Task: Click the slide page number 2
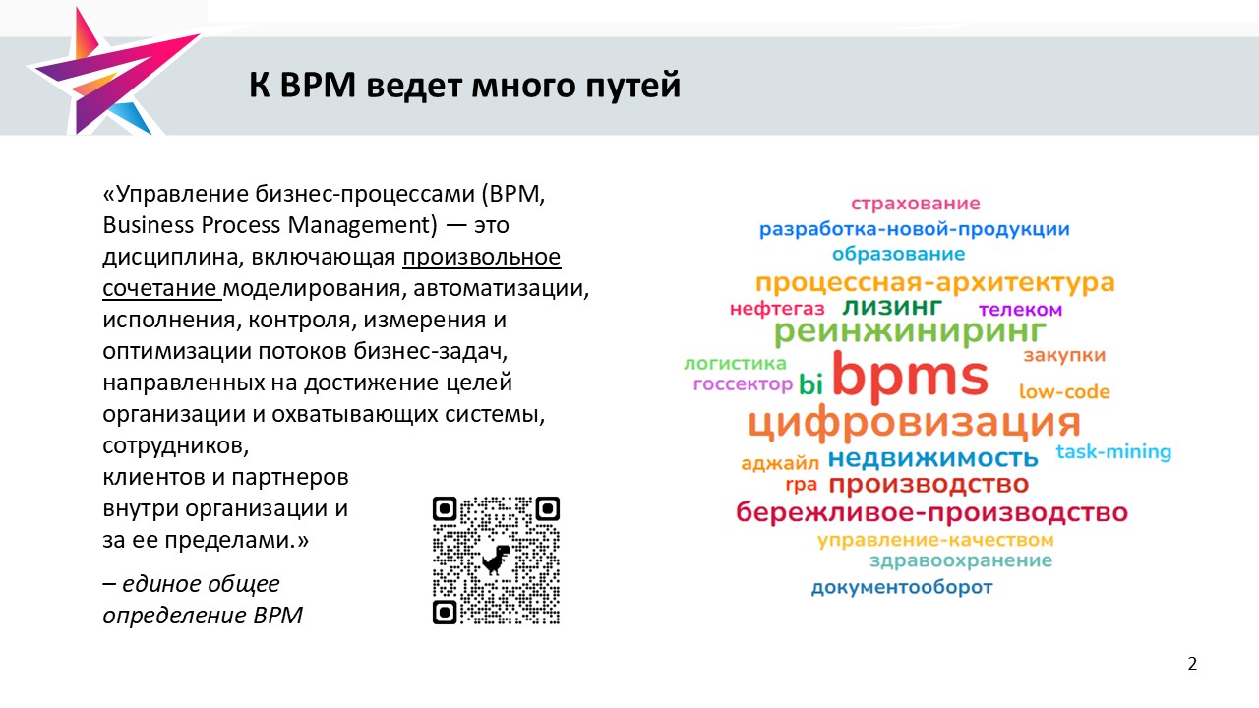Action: (1192, 664)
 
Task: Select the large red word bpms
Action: (910, 376)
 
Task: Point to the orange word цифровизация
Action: (914, 423)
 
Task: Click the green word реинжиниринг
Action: (910, 332)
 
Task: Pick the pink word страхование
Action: (915, 203)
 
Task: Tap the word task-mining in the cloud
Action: (1113, 451)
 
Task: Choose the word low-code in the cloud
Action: (1064, 391)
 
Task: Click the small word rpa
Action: (801, 485)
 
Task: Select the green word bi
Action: (810, 384)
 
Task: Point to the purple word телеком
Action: (1020, 310)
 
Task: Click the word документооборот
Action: (902, 587)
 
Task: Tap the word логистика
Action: (735, 364)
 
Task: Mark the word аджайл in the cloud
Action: (780, 463)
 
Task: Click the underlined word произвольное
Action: (482, 257)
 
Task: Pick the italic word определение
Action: (174, 616)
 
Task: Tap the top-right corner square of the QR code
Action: (547, 509)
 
